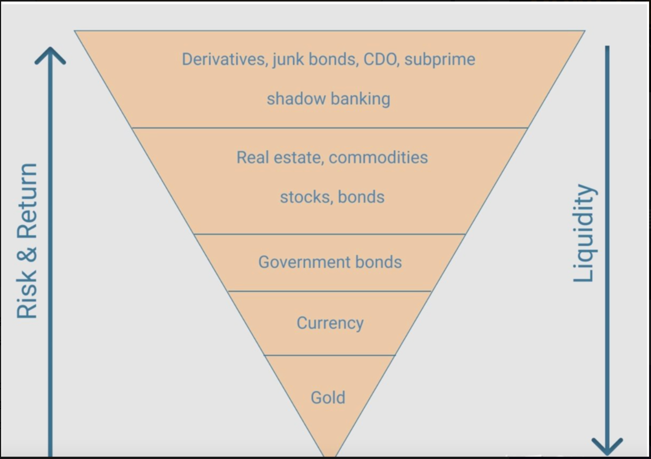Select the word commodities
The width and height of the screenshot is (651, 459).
[x=378, y=157]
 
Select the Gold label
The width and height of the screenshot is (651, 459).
[x=328, y=398]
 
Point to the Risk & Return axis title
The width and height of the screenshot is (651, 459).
[x=27, y=241]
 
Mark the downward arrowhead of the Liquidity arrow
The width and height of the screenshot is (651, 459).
[x=607, y=447]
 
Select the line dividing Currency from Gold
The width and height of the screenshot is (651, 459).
[x=330, y=355]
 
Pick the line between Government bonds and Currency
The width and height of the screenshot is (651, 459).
[x=330, y=291]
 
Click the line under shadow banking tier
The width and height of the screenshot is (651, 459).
[x=330, y=128]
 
